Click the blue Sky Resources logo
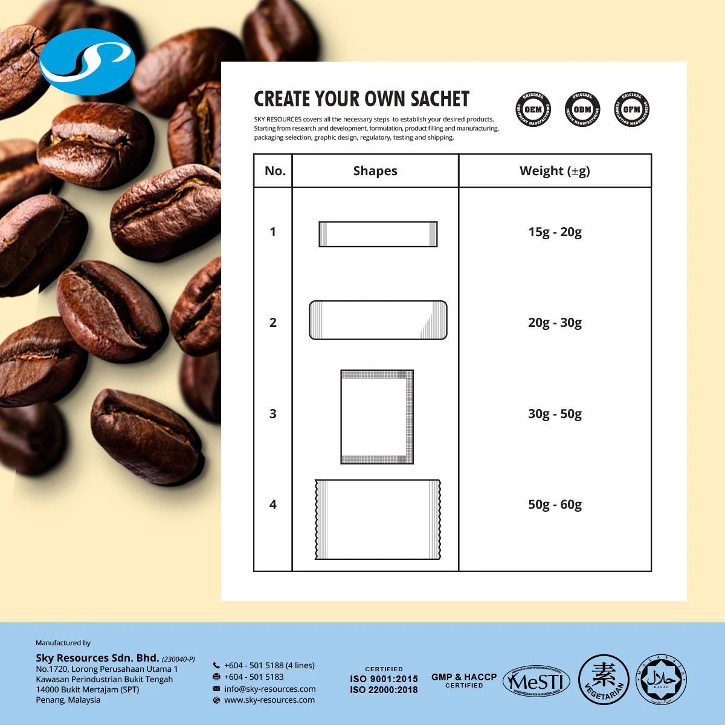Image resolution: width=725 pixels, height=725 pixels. coord(87,62)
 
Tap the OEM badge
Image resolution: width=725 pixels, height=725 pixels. coord(533,109)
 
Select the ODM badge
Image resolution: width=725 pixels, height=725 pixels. coord(582,109)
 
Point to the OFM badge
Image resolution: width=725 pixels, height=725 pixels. coord(631,109)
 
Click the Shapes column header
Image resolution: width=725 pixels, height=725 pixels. coord(375,171)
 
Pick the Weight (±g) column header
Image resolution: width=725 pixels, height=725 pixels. coord(555,171)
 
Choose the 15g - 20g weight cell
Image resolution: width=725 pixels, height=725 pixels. coord(555,232)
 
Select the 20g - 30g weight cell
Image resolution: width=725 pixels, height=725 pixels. coord(555,323)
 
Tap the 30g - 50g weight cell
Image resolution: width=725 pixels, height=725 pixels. coord(555,414)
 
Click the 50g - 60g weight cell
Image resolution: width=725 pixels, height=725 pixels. coord(555,504)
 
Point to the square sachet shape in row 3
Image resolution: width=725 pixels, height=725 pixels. coord(377,417)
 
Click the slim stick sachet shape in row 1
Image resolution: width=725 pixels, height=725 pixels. coord(378,234)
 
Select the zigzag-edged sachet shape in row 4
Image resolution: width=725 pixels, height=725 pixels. coord(378,520)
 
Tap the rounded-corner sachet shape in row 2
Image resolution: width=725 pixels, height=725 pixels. coord(378,320)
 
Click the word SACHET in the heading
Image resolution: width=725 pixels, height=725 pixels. coord(440,99)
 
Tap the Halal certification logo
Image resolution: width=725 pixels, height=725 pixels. coord(661,680)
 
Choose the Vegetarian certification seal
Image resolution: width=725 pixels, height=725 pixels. coord(604,680)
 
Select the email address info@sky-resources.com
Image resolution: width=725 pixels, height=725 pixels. coord(269,689)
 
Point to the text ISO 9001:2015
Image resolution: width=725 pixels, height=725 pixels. coord(384,679)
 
